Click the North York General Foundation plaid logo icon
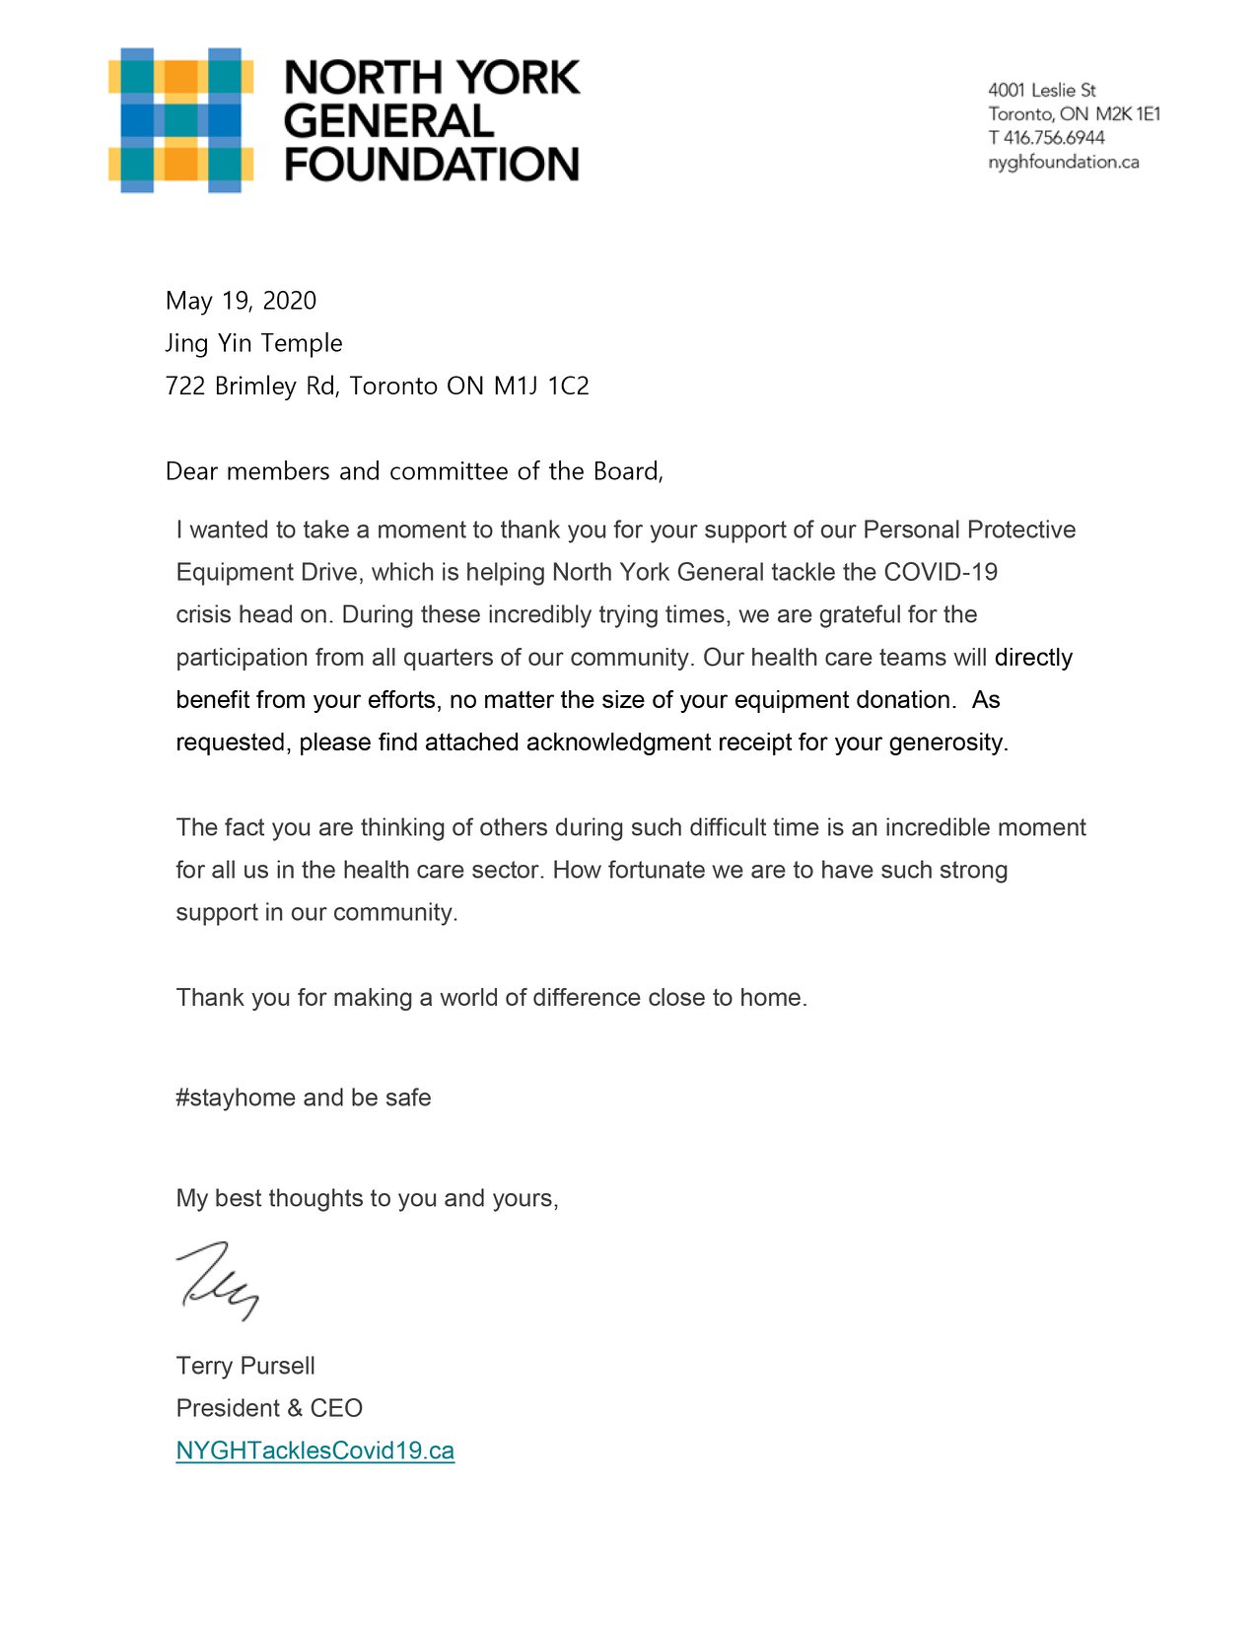[x=180, y=119]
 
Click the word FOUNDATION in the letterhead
[x=432, y=165]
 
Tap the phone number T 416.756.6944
[x=1046, y=138]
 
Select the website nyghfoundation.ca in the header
[x=1063, y=162]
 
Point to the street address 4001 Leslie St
[x=1041, y=90]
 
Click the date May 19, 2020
[x=241, y=301]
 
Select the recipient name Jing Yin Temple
[x=253, y=343]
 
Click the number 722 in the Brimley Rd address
[x=185, y=386]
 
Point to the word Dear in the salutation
[x=191, y=471]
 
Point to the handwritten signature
[x=218, y=1280]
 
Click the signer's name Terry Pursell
[x=245, y=1366]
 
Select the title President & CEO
[x=269, y=1408]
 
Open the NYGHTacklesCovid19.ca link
[x=314, y=1450]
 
